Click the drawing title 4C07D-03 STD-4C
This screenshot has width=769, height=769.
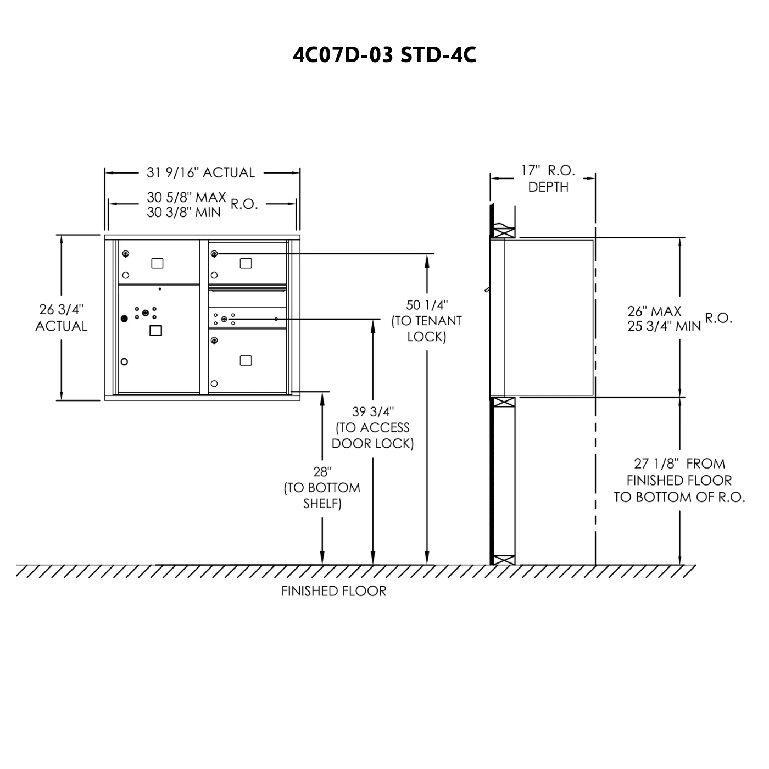[x=384, y=55]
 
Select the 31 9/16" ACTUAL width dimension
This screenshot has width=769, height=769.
[x=200, y=172]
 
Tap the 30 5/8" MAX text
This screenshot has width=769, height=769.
[x=186, y=197]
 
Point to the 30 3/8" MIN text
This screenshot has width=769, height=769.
[x=183, y=212]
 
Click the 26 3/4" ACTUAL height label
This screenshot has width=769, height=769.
[x=61, y=317]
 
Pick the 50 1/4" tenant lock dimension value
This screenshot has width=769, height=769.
[x=427, y=305]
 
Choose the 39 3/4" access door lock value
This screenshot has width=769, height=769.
[x=373, y=411]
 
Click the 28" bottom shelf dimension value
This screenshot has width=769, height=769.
[x=322, y=472]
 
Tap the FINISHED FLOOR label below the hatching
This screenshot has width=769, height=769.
[x=333, y=591]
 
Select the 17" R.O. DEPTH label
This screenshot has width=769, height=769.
[x=548, y=179]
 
